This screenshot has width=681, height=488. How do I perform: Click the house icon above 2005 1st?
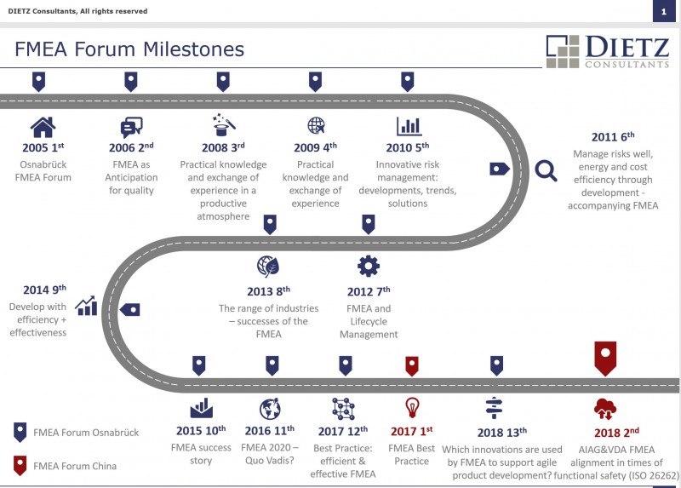pyautogui.click(x=43, y=127)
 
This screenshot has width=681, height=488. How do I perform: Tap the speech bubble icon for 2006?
pyautogui.click(x=131, y=128)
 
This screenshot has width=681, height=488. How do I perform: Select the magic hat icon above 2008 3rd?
pyautogui.click(x=224, y=125)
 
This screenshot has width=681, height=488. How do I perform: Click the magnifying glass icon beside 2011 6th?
pyautogui.click(x=546, y=170)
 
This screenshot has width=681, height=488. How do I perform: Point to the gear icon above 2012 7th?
pyautogui.click(x=369, y=266)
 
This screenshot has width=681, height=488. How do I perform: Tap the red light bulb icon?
pyautogui.click(x=412, y=408)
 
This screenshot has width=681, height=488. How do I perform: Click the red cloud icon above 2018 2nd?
pyautogui.click(x=605, y=409)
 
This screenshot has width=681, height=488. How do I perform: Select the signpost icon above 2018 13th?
pyautogui.click(x=494, y=408)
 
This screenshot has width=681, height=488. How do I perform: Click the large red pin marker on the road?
pyautogui.click(x=605, y=358)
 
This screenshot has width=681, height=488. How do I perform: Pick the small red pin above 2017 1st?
pyautogui.click(x=412, y=366)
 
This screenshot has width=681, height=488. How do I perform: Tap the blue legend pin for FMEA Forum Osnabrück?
pyautogui.click(x=20, y=432)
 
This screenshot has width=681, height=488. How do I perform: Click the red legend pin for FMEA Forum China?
pyautogui.click(x=20, y=465)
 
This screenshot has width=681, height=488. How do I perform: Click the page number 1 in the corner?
pyautogui.click(x=664, y=12)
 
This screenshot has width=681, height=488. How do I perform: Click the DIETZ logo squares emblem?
pyautogui.click(x=563, y=51)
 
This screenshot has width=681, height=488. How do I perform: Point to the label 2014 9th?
pyautogui.click(x=44, y=290)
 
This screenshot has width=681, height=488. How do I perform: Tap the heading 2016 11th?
pyautogui.click(x=269, y=430)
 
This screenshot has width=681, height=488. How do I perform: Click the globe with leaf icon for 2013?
pyautogui.click(x=268, y=266)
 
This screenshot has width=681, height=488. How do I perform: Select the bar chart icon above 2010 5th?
pyautogui.click(x=409, y=126)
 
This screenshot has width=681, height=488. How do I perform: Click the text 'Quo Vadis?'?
pyautogui.click(x=269, y=460)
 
